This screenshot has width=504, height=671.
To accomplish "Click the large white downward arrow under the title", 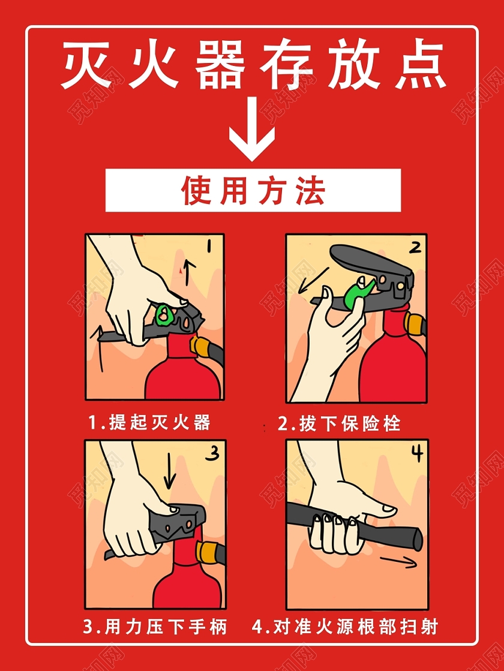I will pyautogui.click(x=252, y=134).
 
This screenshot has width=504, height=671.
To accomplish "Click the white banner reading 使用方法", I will pyautogui.click(x=253, y=190).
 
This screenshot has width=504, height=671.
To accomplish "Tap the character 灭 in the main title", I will pyautogui.click(x=88, y=65).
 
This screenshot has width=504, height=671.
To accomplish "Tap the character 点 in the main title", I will pyautogui.click(x=419, y=65).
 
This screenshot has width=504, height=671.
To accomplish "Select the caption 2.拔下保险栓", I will pyautogui.click(x=339, y=423).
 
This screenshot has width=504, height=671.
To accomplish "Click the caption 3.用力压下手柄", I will pyautogui.click(x=155, y=628).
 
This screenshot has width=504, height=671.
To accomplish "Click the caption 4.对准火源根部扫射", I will pyautogui.click(x=346, y=628).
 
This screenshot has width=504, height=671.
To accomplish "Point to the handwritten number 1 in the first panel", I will pyautogui.click(x=210, y=246).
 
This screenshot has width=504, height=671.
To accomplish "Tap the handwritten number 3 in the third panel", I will pyautogui.click(x=212, y=455).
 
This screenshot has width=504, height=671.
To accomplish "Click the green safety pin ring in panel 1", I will pyautogui.click(x=163, y=314).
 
